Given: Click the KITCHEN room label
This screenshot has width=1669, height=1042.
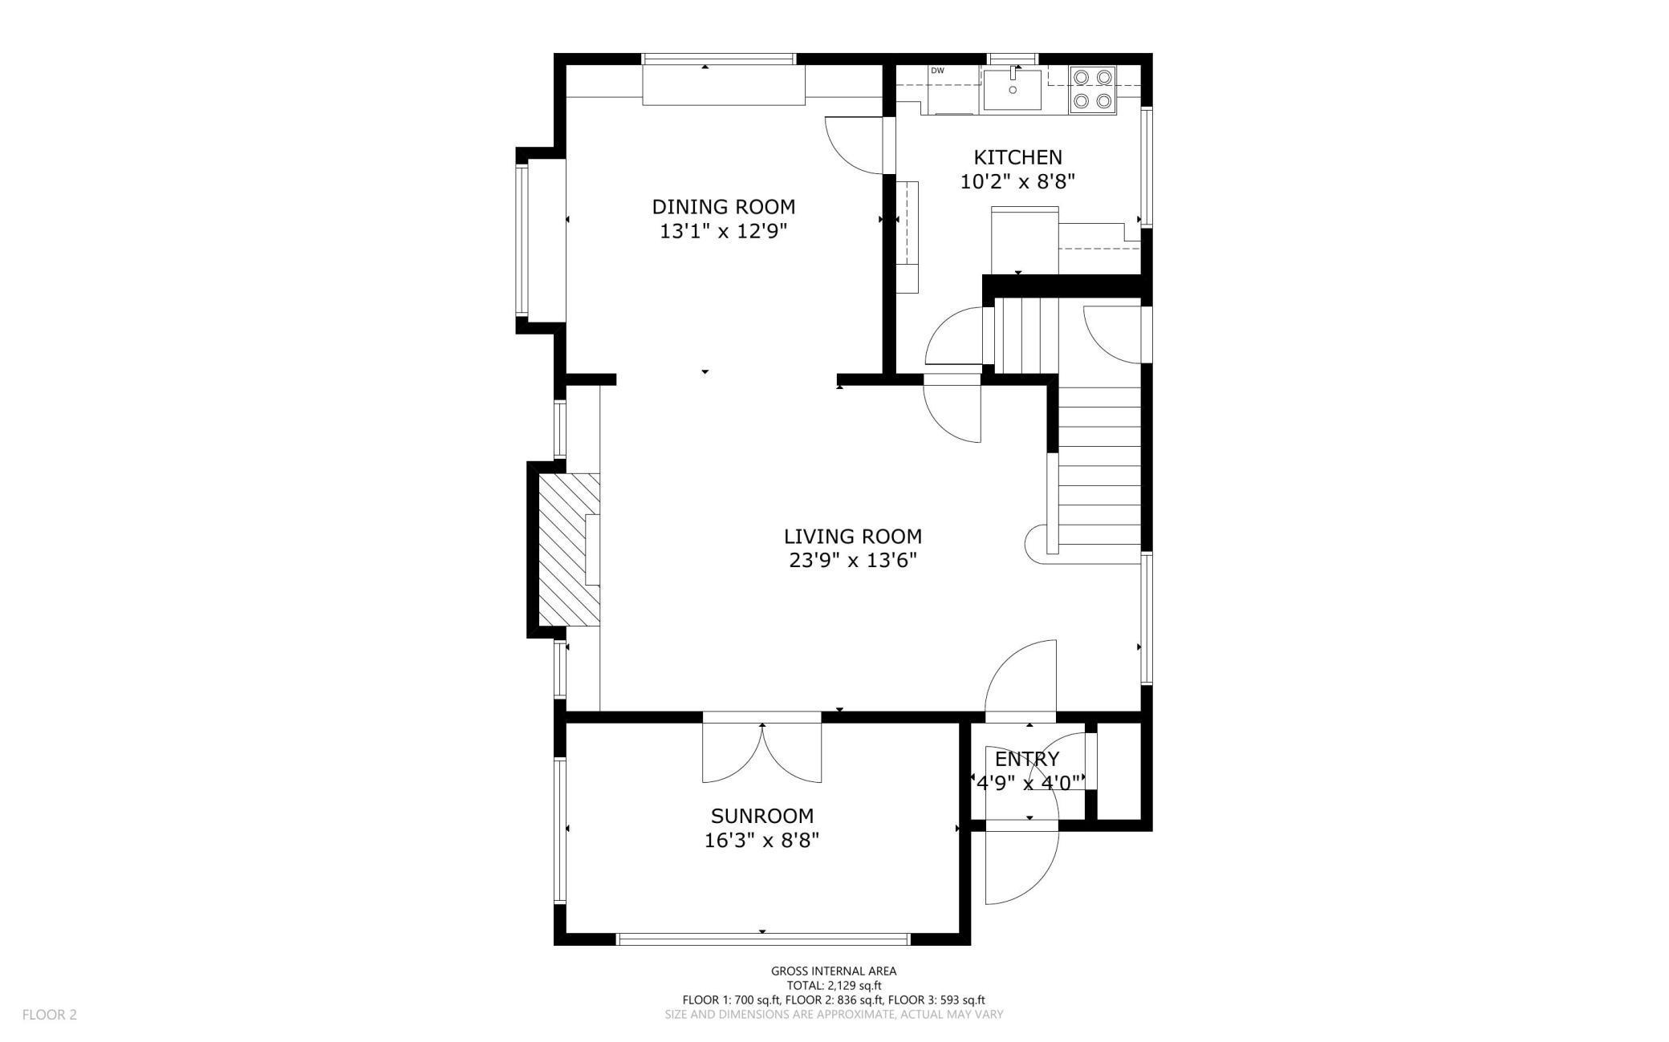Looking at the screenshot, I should (x=1017, y=157).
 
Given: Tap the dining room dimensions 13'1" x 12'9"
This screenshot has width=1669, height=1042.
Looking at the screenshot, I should (x=723, y=232).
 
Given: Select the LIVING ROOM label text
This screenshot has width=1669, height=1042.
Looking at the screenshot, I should (x=852, y=536).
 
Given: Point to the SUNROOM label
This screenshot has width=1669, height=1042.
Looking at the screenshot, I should (x=761, y=816).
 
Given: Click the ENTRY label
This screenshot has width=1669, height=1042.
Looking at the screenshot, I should (x=1026, y=759).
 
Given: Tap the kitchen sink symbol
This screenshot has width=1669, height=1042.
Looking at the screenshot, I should (x=1012, y=89).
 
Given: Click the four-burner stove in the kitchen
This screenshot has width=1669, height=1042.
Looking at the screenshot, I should (x=1093, y=89).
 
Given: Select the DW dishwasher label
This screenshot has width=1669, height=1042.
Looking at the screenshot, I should (x=937, y=71).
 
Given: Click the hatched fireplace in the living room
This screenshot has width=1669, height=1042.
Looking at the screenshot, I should (x=569, y=549).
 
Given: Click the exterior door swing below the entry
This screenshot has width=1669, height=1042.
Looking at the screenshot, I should (x=1021, y=866).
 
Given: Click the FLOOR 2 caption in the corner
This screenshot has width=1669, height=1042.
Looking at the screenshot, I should (x=50, y=1015).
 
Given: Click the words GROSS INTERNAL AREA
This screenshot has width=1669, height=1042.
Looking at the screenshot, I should (x=834, y=971).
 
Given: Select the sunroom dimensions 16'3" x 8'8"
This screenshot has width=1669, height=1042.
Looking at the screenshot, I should (x=761, y=841).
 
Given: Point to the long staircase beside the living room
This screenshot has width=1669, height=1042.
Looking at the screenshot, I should (x=1099, y=469).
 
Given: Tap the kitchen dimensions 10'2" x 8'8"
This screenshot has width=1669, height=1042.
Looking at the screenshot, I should (x=1017, y=182).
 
